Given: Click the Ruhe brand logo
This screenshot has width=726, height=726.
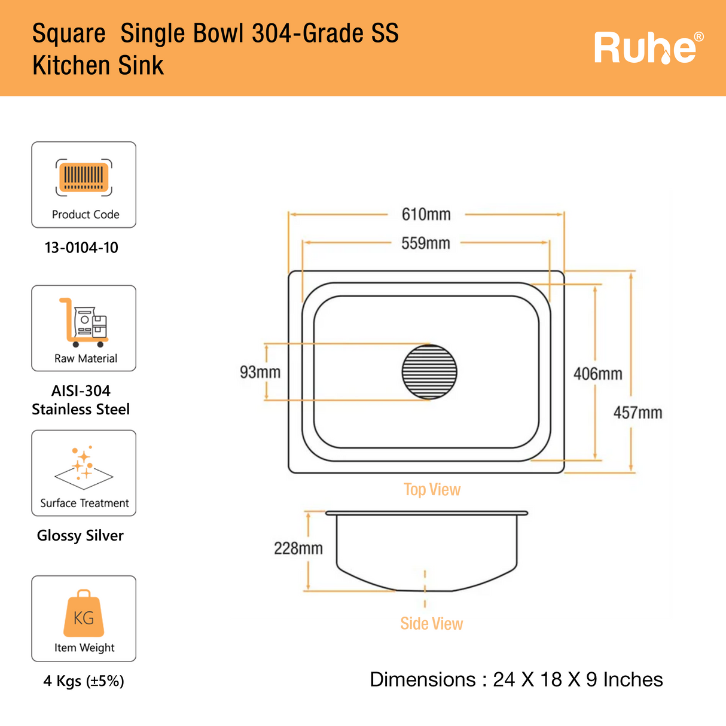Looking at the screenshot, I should (648, 48).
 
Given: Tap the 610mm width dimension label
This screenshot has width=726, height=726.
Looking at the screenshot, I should (426, 214).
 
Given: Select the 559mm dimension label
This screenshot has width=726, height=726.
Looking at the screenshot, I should (425, 243).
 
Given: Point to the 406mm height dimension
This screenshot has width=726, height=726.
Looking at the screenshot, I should (597, 374).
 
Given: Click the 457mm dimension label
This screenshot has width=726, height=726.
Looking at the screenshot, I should (637, 413).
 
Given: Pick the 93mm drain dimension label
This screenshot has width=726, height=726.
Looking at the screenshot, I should (260, 372).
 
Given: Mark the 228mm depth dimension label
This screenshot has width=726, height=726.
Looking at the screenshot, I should (298, 548).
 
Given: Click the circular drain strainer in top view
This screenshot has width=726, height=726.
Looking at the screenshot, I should (429, 372).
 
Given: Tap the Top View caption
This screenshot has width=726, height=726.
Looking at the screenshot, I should (432, 490).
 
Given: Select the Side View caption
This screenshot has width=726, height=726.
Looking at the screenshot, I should (431, 624).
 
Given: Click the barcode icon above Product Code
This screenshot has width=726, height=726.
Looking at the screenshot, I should (84, 178).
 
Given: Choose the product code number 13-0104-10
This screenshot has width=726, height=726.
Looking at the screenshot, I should (81, 248).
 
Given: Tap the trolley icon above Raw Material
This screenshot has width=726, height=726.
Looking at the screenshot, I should (84, 323).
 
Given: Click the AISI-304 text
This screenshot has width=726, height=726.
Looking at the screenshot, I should (81, 391).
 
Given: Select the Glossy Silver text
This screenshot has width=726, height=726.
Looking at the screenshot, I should (80, 535).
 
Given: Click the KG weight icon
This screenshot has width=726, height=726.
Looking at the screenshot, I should (84, 614).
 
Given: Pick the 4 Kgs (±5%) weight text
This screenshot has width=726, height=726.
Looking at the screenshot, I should (84, 681).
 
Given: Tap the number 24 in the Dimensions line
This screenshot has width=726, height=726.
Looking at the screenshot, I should (504, 680).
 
